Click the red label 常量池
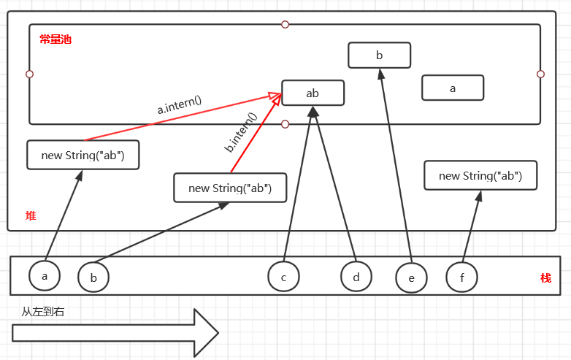click(55, 39)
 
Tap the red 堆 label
click(31, 215)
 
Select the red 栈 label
click(545, 278)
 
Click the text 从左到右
click(43, 311)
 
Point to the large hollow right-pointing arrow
click(115, 333)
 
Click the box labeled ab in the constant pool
click(313, 93)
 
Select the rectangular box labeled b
click(379, 55)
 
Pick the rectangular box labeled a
click(453, 88)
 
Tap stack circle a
click(45, 275)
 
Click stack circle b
click(93, 277)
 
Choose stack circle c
click(283, 277)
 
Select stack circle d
click(356, 277)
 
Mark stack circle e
click(411, 278)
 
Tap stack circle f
click(461, 277)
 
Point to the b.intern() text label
click(240, 132)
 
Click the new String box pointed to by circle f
click(480, 175)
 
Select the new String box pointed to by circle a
click(83, 155)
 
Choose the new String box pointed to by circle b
click(230, 188)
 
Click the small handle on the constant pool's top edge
click(285, 24)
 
